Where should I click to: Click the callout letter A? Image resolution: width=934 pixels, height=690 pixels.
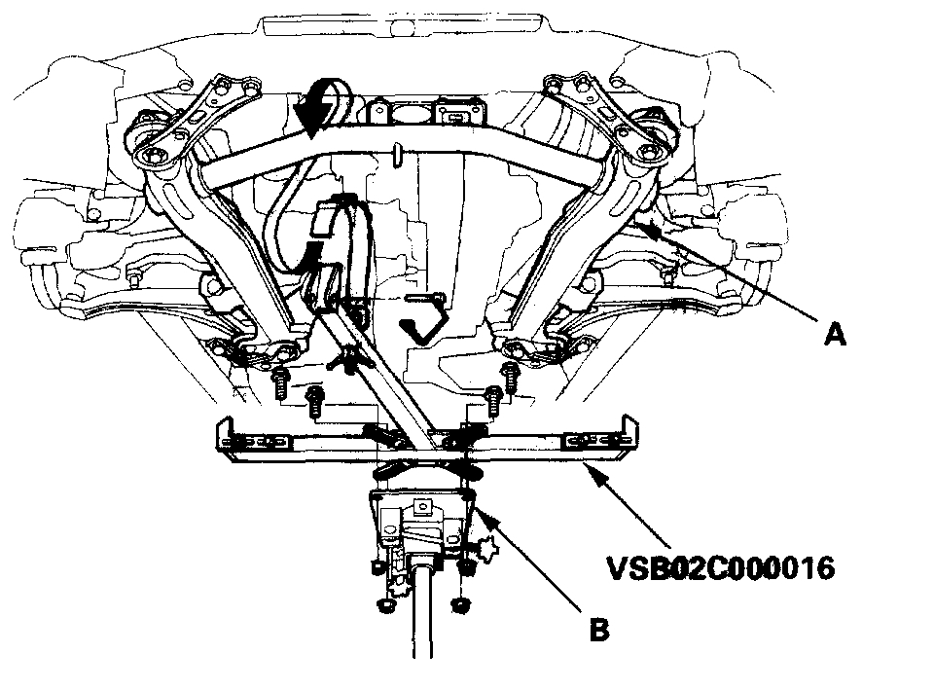coord(834,335)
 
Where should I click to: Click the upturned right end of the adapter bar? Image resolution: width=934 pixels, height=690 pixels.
coord(629,429)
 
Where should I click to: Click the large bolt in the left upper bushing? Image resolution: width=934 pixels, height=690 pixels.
coord(152,155)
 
